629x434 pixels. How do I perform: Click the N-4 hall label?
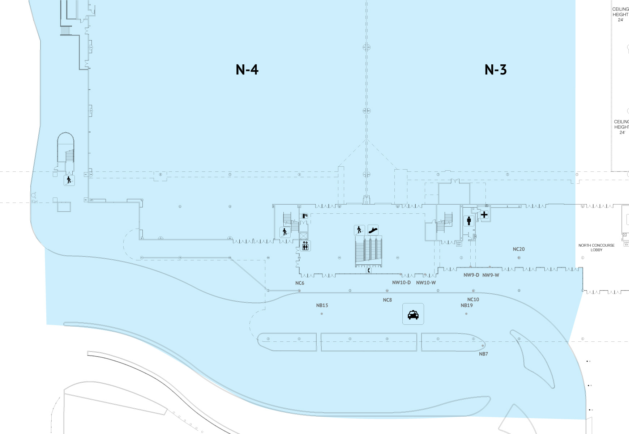point(247,69)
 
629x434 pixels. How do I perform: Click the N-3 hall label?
point(495,69)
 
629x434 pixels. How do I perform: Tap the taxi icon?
point(413,314)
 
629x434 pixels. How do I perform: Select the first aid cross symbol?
point(484,215)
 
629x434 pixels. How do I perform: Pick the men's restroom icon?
point(469,221)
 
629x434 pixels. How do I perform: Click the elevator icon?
point(305,246)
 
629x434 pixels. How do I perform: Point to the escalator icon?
point(373,230)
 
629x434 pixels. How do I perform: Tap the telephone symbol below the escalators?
point(369,270)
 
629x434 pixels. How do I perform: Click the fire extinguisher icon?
point(305,216)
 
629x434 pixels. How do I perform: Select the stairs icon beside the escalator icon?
point(359,230)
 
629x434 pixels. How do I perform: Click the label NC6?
point(300,283)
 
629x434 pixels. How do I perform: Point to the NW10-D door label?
point(401,282)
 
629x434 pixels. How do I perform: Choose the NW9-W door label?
point(491,275)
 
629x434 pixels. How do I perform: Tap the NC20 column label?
point(518,249)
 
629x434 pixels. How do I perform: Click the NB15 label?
point(322,306)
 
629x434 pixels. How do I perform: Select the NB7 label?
point(483,354)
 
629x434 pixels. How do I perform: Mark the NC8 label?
point(387,300)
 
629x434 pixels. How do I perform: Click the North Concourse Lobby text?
point(596,247)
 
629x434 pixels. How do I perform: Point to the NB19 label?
point(466,306)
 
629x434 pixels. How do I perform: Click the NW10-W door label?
point(426,282)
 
